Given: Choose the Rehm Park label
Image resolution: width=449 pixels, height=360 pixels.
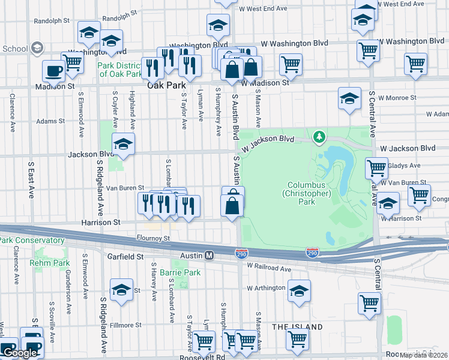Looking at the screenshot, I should (x=49, y=263).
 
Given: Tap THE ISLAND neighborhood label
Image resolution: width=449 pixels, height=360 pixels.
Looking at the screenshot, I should (x=298, y=327).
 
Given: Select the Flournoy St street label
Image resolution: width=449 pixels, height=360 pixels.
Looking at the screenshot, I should (x=153, y=238).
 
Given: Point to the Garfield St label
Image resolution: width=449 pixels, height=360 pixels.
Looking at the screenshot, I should (x=122, y=256).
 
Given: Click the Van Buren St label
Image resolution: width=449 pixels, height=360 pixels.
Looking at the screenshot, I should (x=125, y=188).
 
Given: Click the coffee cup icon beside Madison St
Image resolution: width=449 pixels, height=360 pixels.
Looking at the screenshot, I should (x=54, y=71).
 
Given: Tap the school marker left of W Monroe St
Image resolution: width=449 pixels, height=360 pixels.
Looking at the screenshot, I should (x=349, y=98).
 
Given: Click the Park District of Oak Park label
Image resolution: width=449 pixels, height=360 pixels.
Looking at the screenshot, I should (x=121, y=69).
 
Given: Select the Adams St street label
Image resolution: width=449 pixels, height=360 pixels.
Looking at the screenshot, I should (x=50, y=121).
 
